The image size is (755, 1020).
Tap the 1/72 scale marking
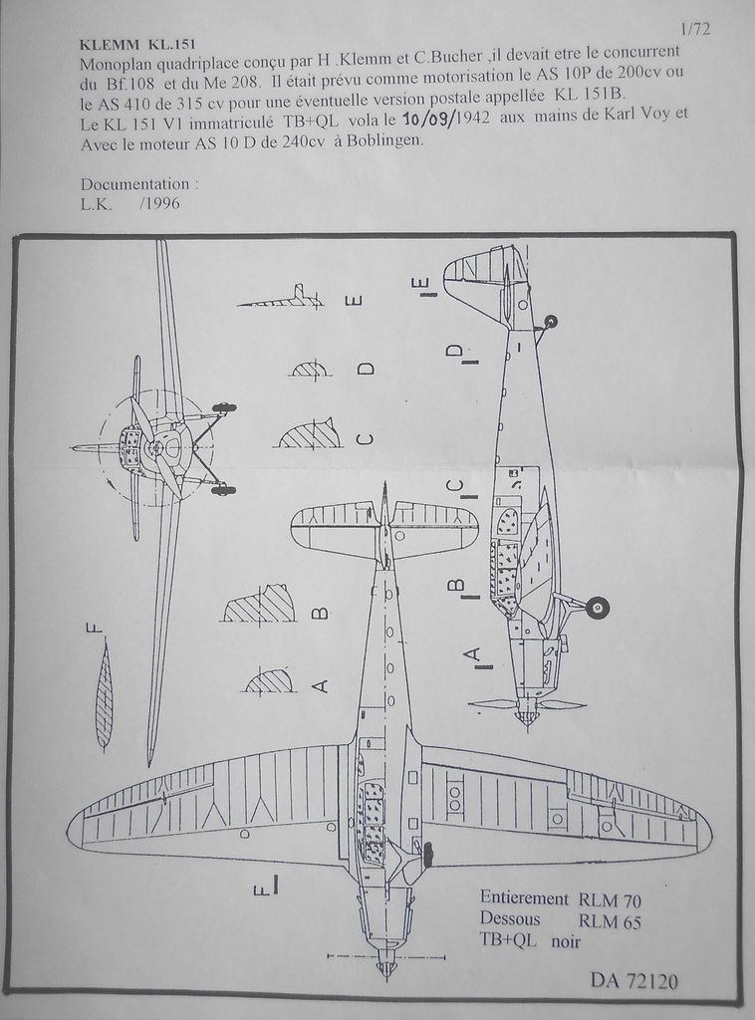pos(694,29)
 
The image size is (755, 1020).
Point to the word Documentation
pos(138,185)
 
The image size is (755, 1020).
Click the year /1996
pos(160,205)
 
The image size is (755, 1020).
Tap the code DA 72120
pos(633,981)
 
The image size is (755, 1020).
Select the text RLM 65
pos(610,920)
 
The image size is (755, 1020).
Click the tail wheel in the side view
pos(551,322)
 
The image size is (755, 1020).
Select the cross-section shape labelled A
pos(269,682)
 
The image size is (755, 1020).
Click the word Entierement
pos(524,897)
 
